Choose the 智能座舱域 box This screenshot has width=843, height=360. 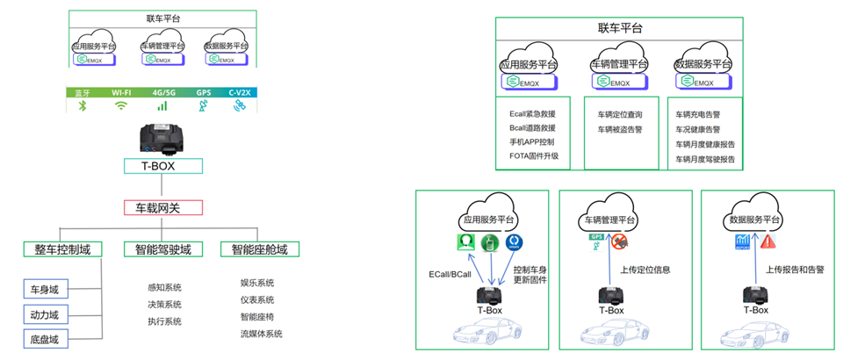point(260,249)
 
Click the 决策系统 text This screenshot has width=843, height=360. point(165,305)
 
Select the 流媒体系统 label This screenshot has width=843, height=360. point(261,334)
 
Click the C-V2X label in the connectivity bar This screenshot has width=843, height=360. point(240,92)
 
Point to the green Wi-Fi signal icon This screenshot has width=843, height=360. point(121,106)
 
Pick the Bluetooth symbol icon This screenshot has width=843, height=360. point(83,106)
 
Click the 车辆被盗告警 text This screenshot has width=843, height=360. point(620,129)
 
